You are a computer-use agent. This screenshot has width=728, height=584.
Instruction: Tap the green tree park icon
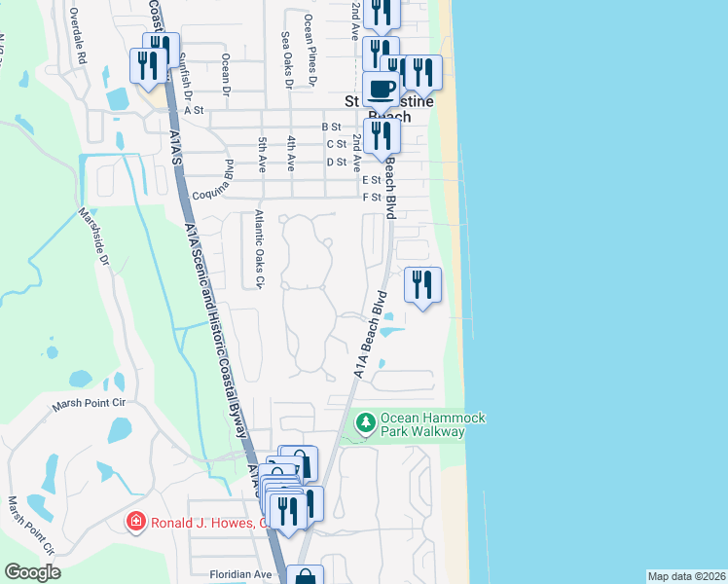366,422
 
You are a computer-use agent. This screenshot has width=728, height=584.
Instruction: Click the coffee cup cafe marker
381,91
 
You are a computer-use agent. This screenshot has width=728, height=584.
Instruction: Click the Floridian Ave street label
239,574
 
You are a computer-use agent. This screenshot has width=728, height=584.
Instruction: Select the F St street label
371,197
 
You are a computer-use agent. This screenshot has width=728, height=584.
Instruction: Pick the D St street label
337,162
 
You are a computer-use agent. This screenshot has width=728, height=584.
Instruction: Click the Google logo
32,572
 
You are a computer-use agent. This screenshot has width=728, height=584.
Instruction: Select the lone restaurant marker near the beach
422,286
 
